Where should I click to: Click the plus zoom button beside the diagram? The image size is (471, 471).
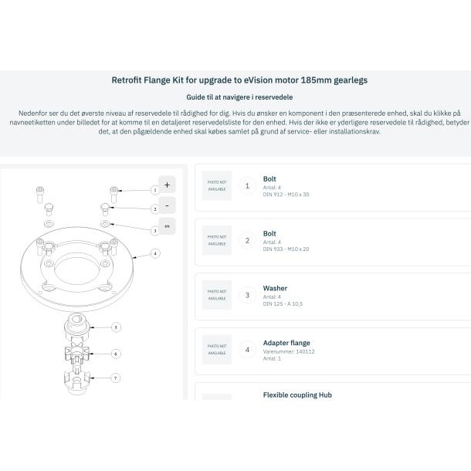point(167,185)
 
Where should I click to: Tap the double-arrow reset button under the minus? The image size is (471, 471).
point(167,226)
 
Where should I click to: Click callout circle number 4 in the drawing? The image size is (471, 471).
point(155,252)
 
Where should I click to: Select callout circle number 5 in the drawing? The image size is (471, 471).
point(116,327)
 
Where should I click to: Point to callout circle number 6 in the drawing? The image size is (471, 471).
point(116,354)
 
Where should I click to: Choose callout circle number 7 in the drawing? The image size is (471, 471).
point(116,378)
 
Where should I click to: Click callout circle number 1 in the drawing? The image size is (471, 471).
point(154,189)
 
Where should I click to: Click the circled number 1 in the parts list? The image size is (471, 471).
point(247,185)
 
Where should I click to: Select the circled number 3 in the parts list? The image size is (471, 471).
point(247,295)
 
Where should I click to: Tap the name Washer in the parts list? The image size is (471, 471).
point(275,288)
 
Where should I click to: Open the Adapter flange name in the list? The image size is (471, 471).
point(286,343)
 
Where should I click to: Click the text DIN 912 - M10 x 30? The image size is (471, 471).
point(286,195)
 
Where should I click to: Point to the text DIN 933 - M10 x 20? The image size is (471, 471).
point(286,249)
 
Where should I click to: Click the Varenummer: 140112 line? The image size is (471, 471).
point(289,352)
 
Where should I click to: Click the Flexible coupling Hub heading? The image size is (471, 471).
point(297,395)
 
